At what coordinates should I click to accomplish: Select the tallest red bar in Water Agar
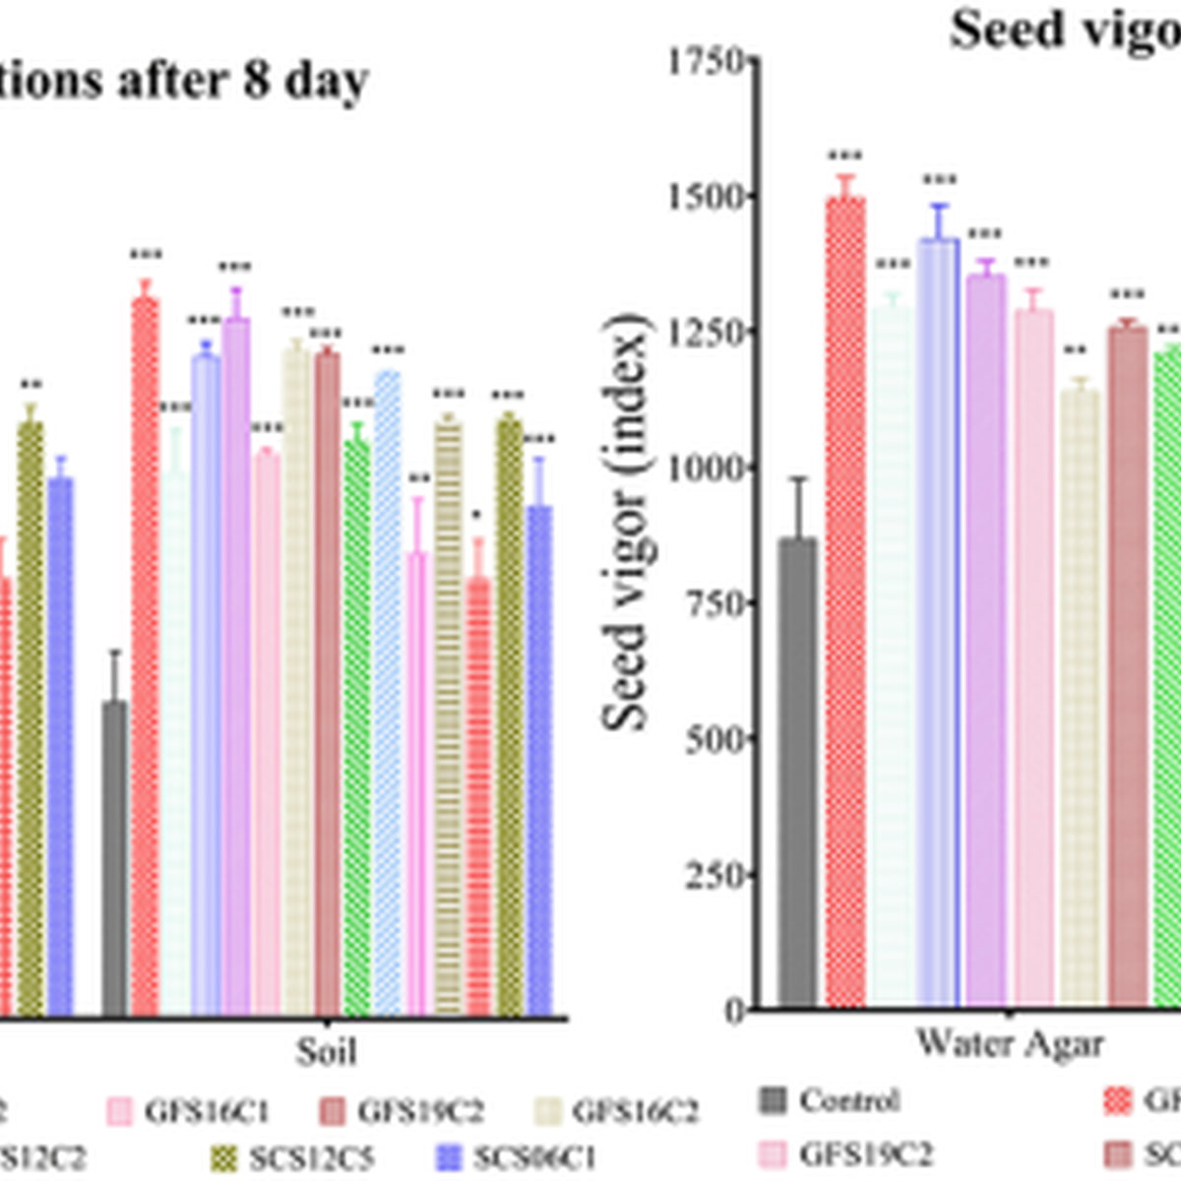tap(844, 600)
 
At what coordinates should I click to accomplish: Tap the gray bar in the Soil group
tap(115, 856)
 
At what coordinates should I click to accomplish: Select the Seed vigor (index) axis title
tap(626, 522)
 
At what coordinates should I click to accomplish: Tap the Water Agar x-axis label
tap(1009, 1044)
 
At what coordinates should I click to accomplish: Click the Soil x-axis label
tap(326, 1051)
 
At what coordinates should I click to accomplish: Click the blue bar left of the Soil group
tap(61, 748)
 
